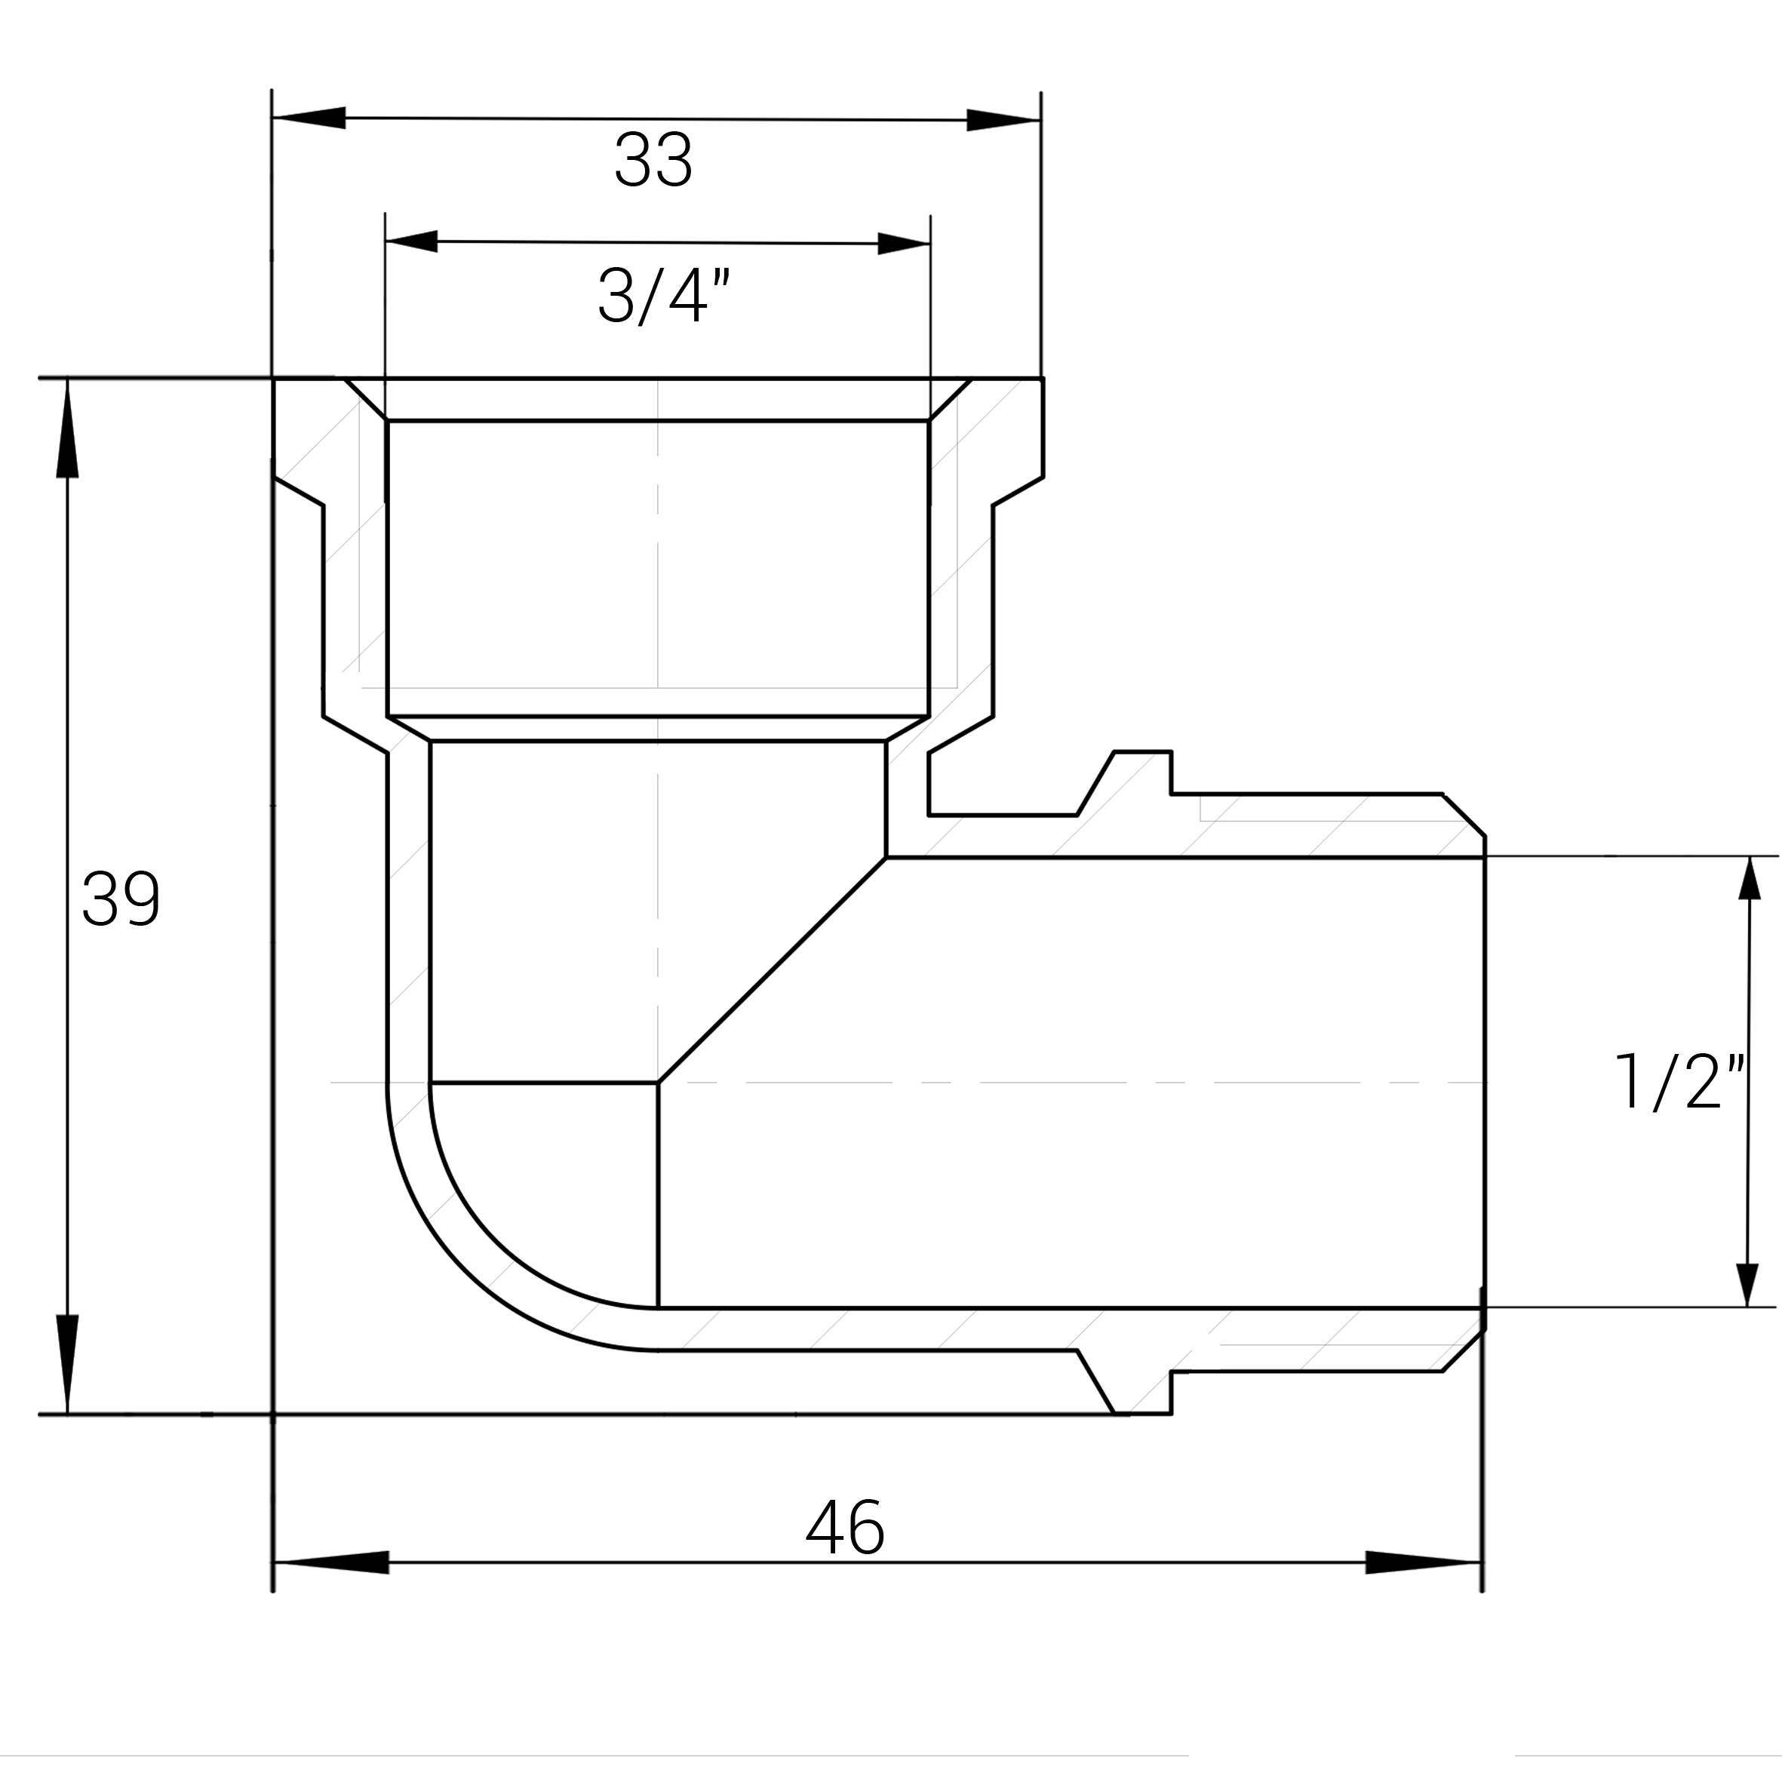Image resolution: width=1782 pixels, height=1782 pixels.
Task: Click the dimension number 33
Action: click(x=653, y=161)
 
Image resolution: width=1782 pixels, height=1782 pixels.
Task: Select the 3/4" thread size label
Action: click(x=664, y=295)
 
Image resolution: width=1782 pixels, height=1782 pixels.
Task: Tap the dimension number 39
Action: click(x=121, y=899)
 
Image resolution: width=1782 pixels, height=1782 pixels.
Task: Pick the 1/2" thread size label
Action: click(x=1679, y=1082)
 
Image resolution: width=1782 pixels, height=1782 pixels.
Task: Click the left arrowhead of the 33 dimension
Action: click(x=309, y=117)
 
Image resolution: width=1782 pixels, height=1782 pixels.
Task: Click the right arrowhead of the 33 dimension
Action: click(x=1003, y=120)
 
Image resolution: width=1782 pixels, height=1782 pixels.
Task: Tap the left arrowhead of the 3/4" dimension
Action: click(x=411, y=241)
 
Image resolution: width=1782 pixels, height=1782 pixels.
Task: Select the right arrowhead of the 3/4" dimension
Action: click(x=903, y=244)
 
